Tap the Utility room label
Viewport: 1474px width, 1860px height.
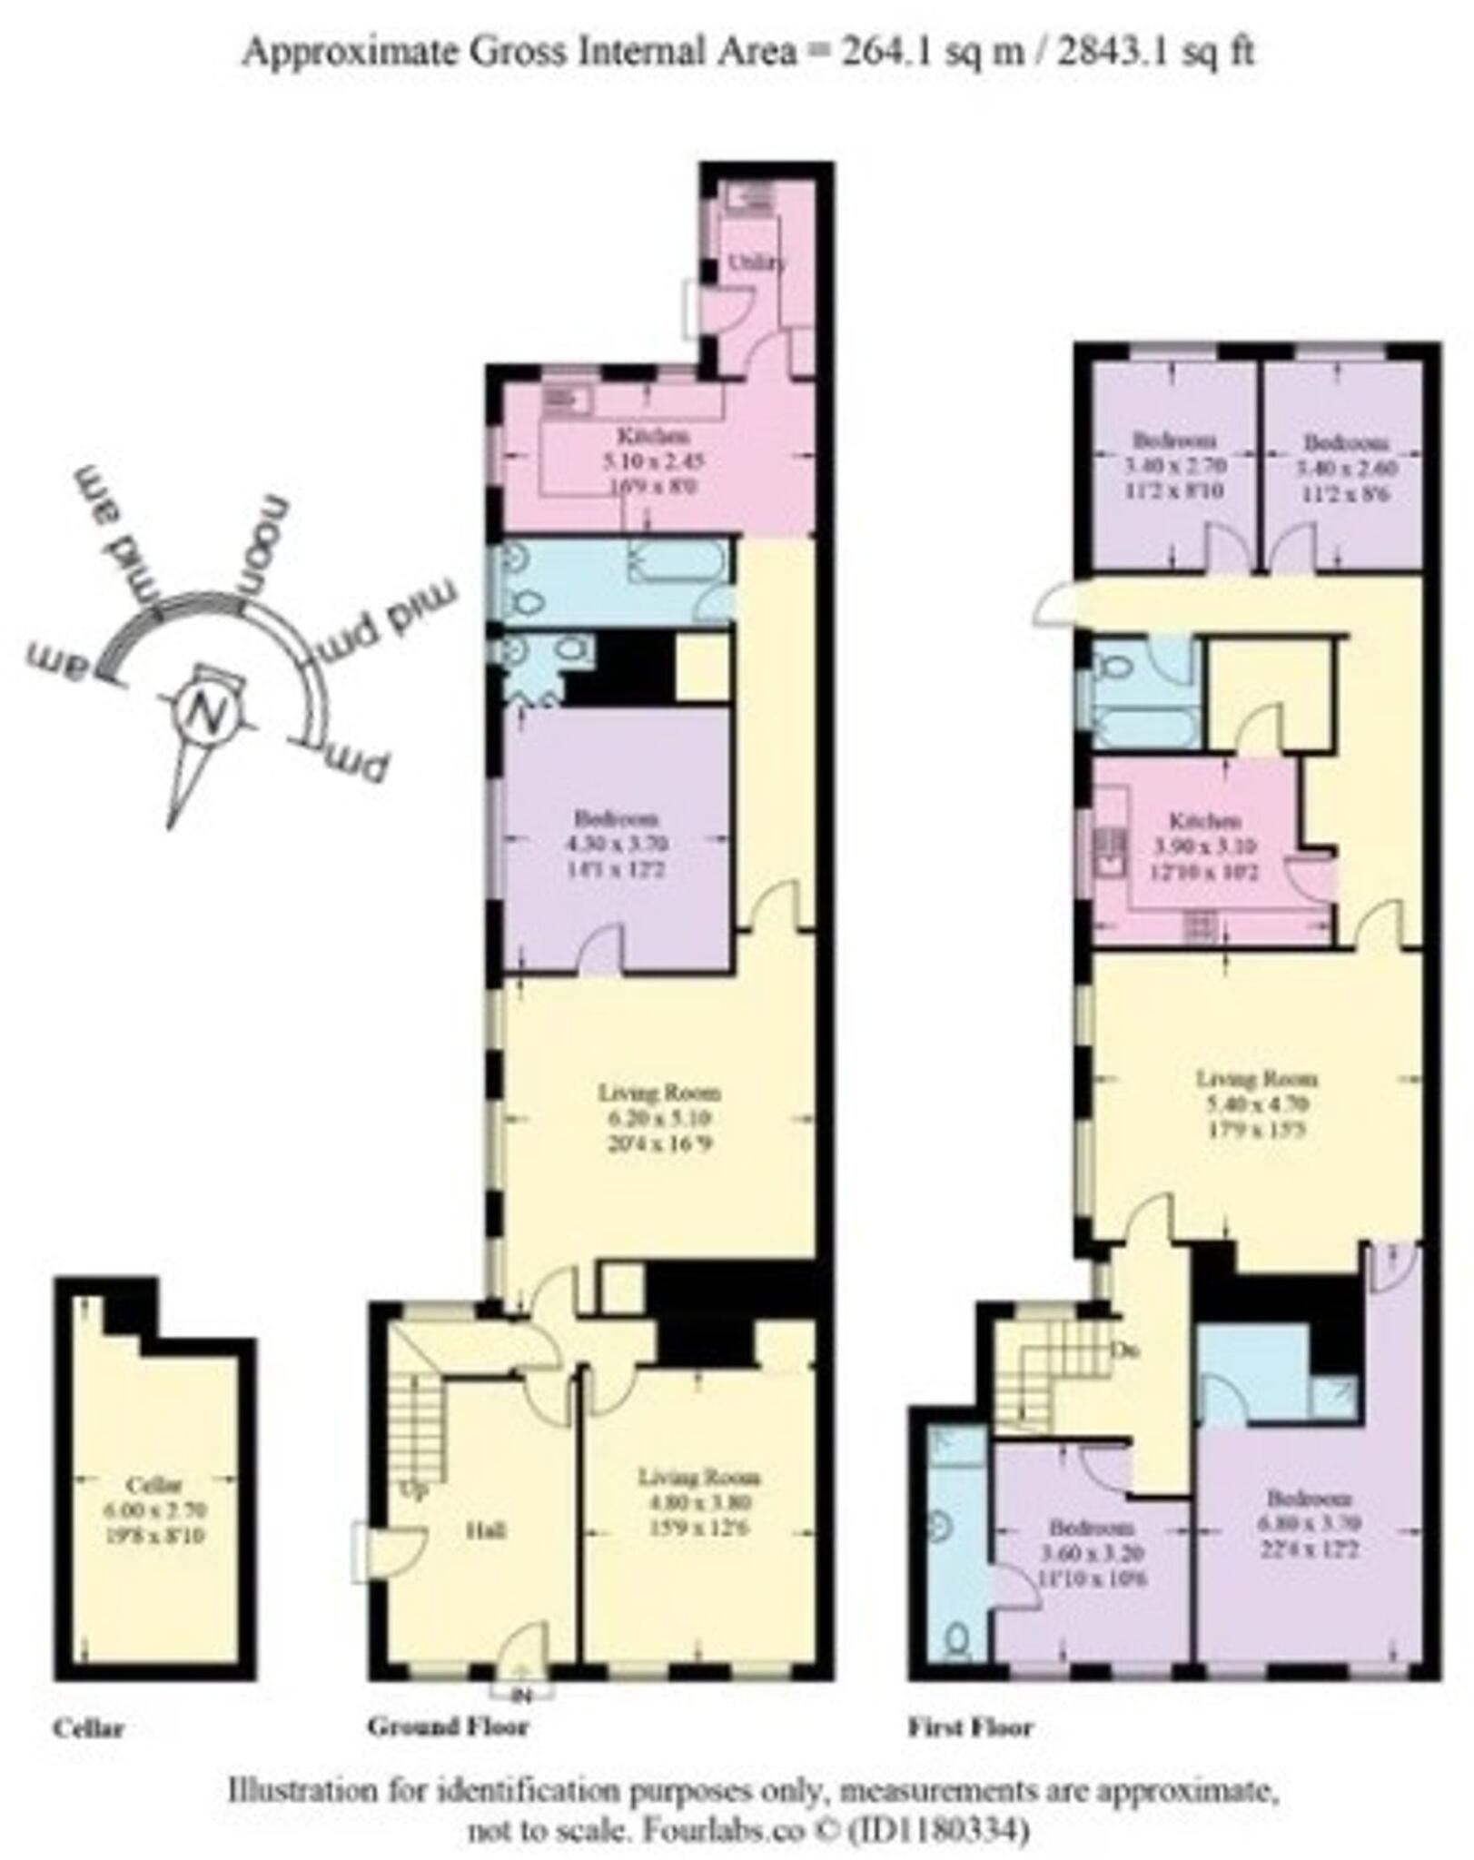coord(757,262)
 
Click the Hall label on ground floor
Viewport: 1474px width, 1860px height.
coord(485,1530)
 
